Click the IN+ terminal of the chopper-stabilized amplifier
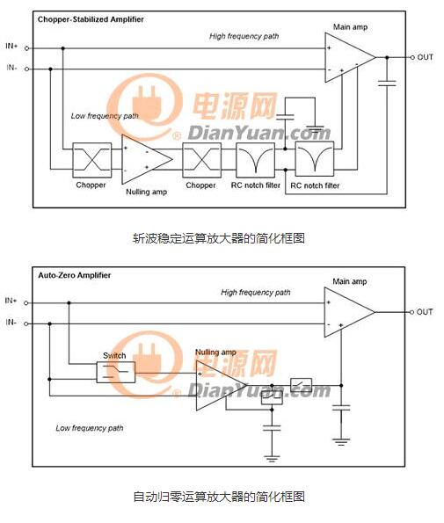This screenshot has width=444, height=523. [26, 48]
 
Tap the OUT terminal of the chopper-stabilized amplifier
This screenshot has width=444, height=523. [412, 57]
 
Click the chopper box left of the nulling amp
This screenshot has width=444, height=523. [92, 160]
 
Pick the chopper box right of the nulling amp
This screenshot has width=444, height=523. [202, 160]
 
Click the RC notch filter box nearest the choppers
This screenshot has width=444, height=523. [256, 160]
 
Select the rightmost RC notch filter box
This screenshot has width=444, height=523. [315, 159]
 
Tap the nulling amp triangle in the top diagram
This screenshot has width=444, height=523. [147, 159]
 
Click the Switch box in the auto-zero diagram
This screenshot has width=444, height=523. [116, 372]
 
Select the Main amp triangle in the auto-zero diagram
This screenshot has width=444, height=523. [350, 312]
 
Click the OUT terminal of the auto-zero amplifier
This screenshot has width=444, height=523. [411, 312]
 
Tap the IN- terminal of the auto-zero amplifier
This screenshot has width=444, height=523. [26, 323]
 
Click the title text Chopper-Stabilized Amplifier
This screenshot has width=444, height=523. [91, 19]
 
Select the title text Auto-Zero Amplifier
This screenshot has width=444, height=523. [75, 275]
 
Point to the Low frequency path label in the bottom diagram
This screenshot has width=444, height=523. [90, 428]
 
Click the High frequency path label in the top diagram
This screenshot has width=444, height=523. [244, 36]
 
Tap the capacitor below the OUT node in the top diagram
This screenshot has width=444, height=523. [387, 83]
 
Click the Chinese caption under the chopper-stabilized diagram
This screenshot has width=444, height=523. [219, 238]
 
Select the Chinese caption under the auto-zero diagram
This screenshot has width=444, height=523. [219, 497]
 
